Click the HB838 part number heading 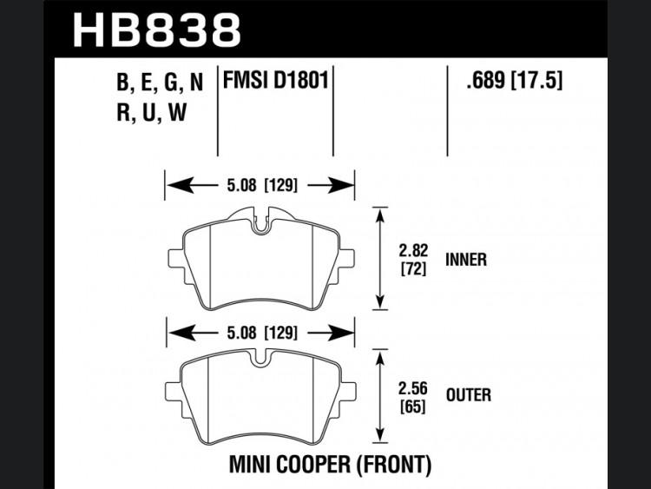tap(156, 30)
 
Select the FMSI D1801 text tap(276, 80)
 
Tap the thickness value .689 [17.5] tap(515, 80)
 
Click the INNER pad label tap(466, 260)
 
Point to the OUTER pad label tap(469, 394)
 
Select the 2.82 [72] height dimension tap(413, 260)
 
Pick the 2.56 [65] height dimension tap(412, 398)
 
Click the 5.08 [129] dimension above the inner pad tap(262, 185)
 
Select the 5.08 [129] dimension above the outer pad tap(262, 333)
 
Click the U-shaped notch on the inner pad tap(260, 224)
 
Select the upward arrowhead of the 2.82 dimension tap(380, 217)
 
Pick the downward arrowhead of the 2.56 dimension tap(379, 432)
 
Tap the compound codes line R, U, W tap(152, 112)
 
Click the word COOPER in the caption tap(308, 464)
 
